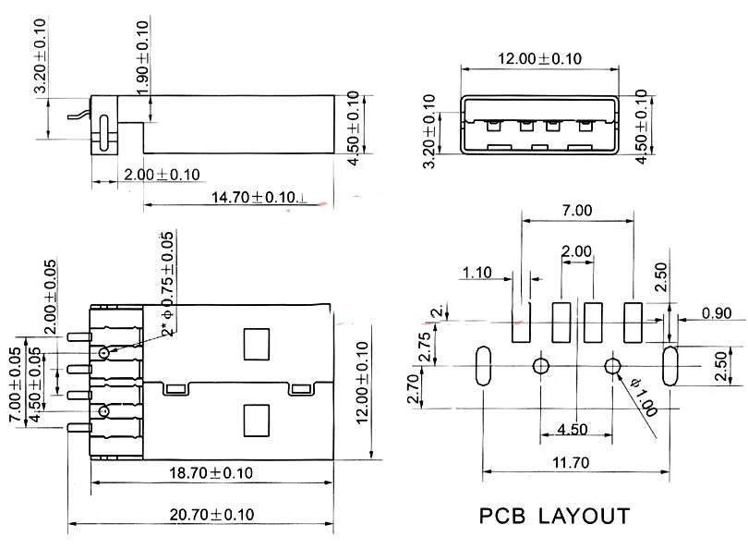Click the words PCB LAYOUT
point(555,516)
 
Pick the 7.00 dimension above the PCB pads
point(576,210)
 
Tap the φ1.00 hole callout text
point(644,396)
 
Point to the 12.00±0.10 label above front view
point(540,58)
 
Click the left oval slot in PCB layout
point(482,366)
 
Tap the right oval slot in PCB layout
point(670,366)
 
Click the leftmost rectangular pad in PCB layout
point(523,320)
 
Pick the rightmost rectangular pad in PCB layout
point(633,320)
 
